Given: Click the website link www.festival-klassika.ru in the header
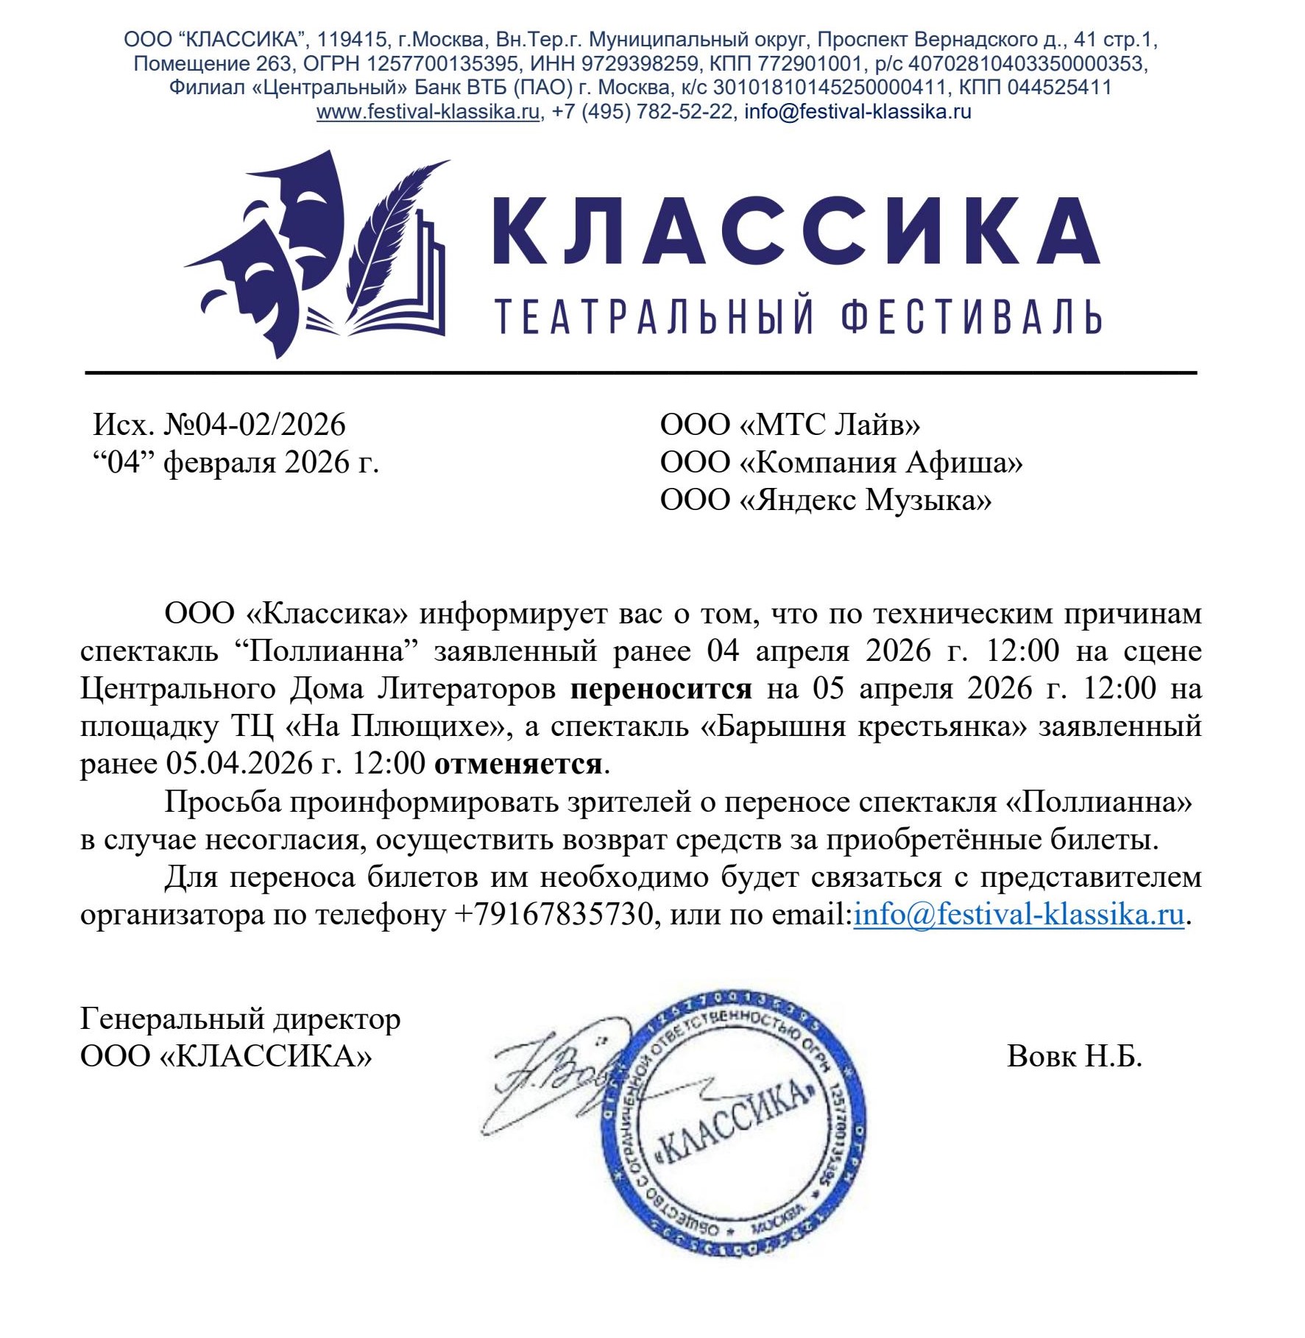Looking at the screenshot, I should coord(428,112).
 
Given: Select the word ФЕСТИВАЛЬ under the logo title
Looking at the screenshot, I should coord(971,316).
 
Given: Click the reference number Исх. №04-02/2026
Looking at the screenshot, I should coord(219,425).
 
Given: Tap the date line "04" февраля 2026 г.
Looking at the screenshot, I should coord(236,463).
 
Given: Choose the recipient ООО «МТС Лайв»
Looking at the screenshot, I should coord(790,425).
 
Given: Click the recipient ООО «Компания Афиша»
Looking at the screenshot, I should coord(841,463).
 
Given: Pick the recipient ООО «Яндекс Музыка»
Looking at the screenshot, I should coord(825,500).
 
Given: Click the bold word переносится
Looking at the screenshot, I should coord(661,689).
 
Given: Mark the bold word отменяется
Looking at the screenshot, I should coord(518,764).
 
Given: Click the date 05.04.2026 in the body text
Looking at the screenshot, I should coord(240,764).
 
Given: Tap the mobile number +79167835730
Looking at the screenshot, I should coord(554,915).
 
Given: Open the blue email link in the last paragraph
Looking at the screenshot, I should coord(1019,915).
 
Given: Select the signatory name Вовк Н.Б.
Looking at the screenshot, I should coord(1074,1057).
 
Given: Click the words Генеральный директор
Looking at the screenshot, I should coord(240,1019).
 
